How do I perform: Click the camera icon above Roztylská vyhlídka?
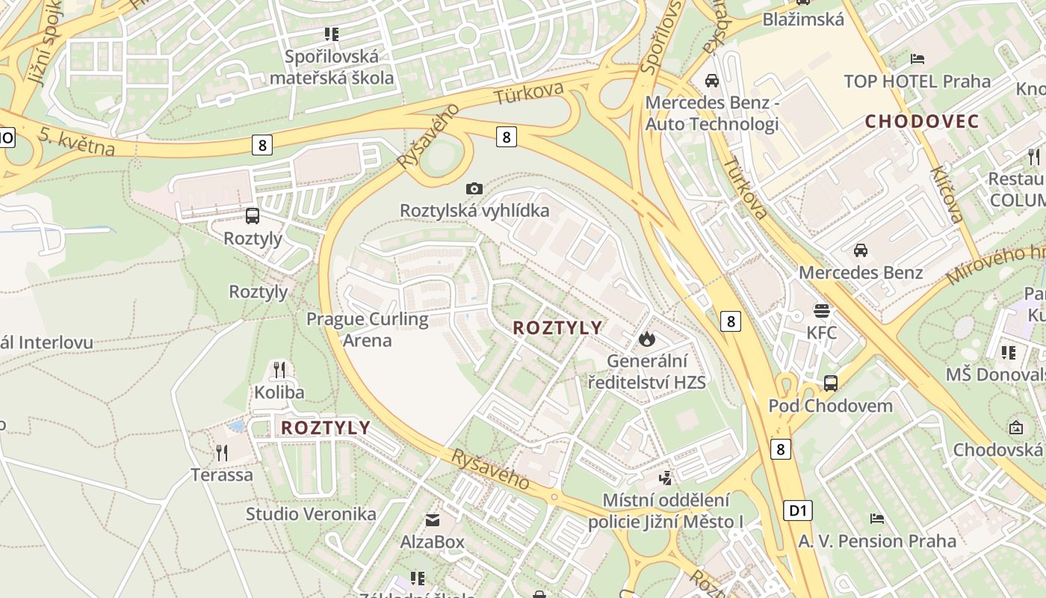(x=474, y=189)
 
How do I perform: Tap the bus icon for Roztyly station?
(x=253, y=216)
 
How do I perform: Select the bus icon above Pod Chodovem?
(x=830, y=383)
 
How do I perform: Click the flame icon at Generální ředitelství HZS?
(x=646, y=339)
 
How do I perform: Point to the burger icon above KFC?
(x=822, y=310)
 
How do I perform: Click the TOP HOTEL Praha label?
(x=917, y=81)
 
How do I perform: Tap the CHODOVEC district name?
(x=922, y=121)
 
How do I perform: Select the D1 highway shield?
(x=798, y=511)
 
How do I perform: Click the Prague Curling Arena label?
(x=368, y=330)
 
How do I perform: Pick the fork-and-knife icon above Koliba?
(x=279, y=369)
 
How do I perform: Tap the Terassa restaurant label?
(x=222, y=475)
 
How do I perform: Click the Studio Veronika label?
(x=311, y=514)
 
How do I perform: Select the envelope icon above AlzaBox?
(x=433, y=520)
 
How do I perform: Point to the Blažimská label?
(x=803, y=19)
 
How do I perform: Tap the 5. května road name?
(x=77, y=142)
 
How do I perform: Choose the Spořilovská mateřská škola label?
(x=332, y=67)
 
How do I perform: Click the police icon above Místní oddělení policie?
(x=666, y=477)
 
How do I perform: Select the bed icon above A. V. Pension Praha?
(x=877, y=518)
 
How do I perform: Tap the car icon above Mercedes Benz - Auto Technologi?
(x=711, y=80)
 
